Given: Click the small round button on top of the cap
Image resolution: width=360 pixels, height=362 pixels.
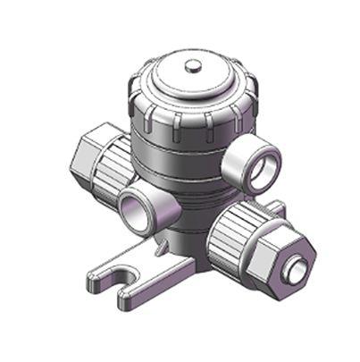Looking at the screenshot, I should (x=191, y=65).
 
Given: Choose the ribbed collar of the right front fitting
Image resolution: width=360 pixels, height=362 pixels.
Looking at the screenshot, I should (x=235, y=230).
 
